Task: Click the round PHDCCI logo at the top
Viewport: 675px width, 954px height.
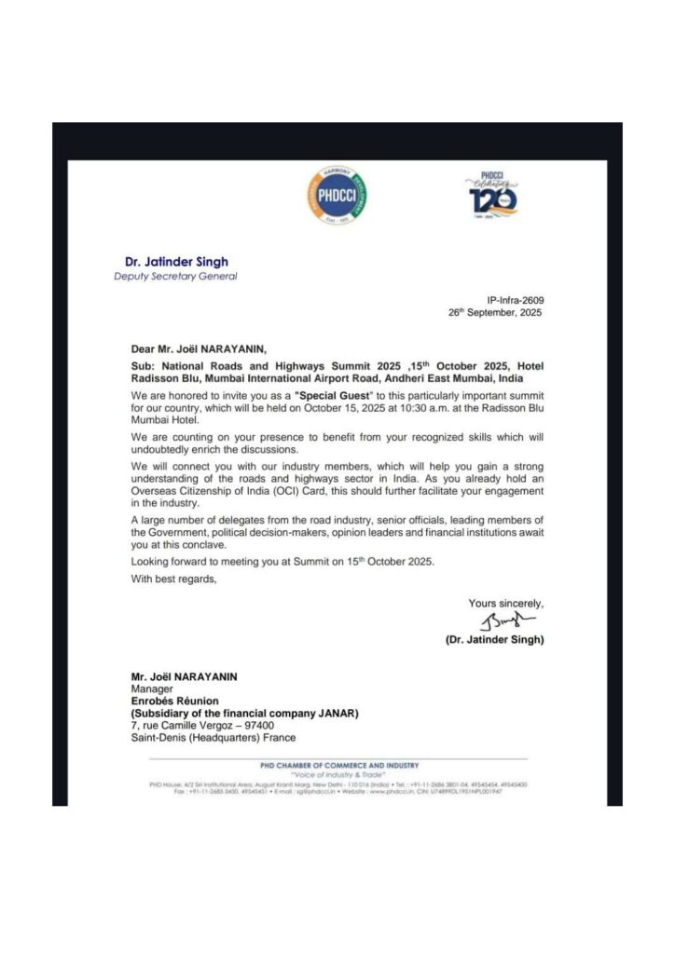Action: pyautogui.click(x=336, y=197)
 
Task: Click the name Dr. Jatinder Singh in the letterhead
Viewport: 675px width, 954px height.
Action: pyautogui.click(x=176, y=262)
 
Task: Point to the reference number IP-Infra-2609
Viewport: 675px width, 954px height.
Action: pyautogui.click(x=515, y=301)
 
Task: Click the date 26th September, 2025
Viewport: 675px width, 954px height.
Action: pyautogui.click(x=496, y=313)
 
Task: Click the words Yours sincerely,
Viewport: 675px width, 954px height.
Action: pyautogui.click(x=505, y=604)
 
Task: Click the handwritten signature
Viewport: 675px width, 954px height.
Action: pyautogui.click(x=508, y=621)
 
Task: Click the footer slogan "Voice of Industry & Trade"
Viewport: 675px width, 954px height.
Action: pyautogui.click(x=337, y=775)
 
